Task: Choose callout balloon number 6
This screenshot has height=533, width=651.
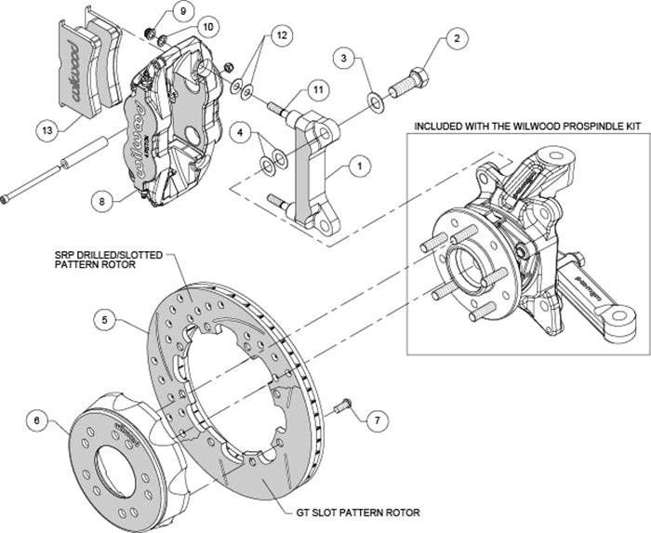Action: (36, 420)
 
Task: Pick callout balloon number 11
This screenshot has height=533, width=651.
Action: (318, 89)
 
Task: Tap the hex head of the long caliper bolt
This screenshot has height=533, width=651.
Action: (7, 195)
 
